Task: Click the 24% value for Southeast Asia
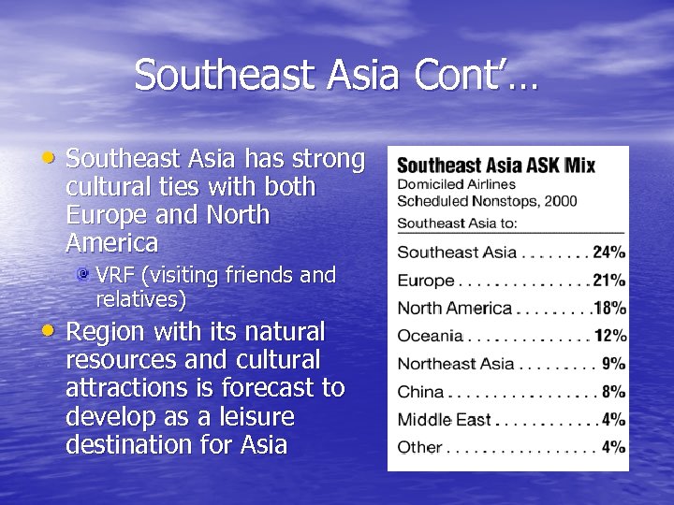(x=609, y=252)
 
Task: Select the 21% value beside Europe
(x=609, y=280)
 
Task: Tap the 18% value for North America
(x=610, y=308)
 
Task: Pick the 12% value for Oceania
(x=610, y=336)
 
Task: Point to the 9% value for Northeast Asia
(x=614, y=364)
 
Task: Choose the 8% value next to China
(x=614, y=392)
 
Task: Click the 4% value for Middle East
(x=614, y=419)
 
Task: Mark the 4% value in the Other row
(x=614, y=447)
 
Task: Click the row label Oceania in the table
(x=431, y=336)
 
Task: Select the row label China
(x=420, y=392)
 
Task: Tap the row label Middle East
(x=444, y=420)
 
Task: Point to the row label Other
(x=419, y=447)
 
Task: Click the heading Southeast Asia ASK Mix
(x=496, y=166)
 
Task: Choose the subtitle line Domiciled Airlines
(x=456, y=184)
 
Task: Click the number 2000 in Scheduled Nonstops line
(x=559, y=201)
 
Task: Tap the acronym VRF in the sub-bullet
(x=115, y=276)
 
